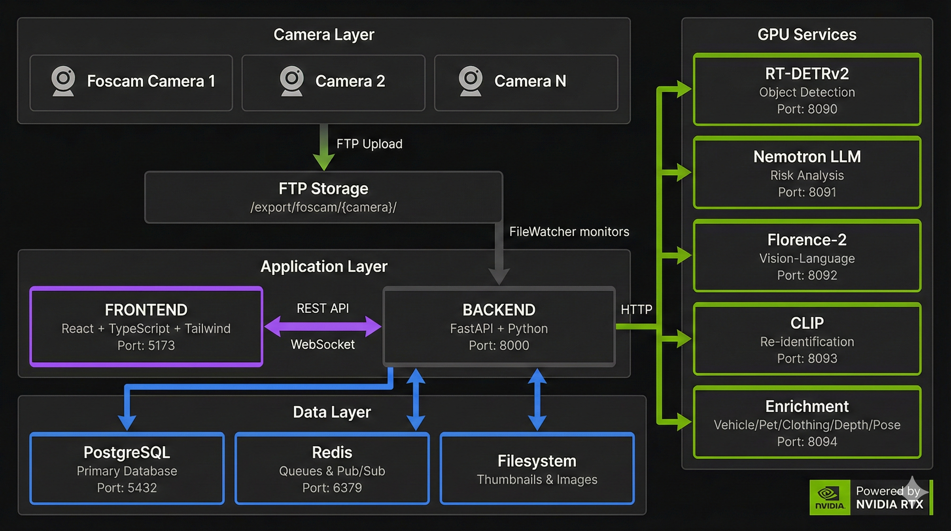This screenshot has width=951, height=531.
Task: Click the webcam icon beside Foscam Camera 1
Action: point(63,81)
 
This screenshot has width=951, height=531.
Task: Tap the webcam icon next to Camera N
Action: point(470,81)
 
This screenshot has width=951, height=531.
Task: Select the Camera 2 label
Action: point(350,81)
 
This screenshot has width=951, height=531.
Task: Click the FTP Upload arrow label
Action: point(369,144)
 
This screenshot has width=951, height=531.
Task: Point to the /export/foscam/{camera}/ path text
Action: point(323,207)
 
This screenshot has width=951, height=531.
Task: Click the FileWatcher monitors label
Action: point(569,232)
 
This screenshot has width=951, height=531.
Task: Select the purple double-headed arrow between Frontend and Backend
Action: point(323,326)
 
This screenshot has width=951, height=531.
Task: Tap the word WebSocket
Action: point(323,344)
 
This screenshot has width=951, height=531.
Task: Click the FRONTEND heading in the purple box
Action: point(146,310)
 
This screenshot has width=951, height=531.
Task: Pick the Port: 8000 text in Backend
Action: point(499,345)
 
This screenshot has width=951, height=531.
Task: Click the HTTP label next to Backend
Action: point(636,309)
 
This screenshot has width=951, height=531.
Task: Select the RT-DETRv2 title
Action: point(807,74)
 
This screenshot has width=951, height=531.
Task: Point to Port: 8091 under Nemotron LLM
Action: point(807,192)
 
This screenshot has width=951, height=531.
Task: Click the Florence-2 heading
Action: point(807,240)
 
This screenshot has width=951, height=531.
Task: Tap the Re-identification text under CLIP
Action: point(807,342)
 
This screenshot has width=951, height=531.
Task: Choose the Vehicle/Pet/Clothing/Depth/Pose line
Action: point(807,425)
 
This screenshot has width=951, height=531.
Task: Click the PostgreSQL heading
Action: point(126,452)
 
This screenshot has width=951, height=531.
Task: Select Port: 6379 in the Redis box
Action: point(332,488)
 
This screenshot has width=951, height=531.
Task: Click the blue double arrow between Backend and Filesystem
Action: point(537,400)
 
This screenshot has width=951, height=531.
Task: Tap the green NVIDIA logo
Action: point(830,497)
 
